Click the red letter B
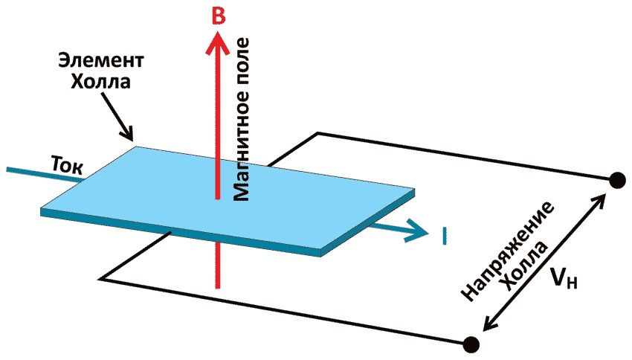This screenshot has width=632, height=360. click(x=217, y=16)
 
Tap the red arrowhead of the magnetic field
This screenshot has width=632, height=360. click(x=216, y=46)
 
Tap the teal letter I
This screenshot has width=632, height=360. click(x=444, y=237)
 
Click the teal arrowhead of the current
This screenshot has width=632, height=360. click(x=417, y=231)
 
